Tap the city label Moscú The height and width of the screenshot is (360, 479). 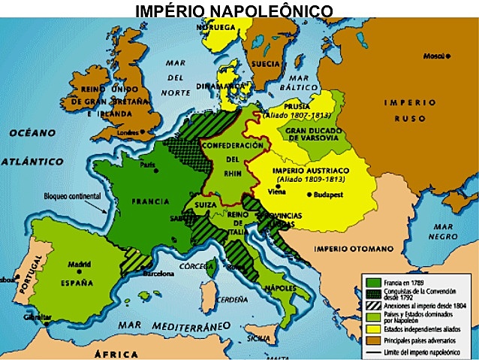tap(435, 56)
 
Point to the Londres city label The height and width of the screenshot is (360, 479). tap(130, 133)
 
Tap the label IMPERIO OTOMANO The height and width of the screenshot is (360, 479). tap(353, 248)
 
